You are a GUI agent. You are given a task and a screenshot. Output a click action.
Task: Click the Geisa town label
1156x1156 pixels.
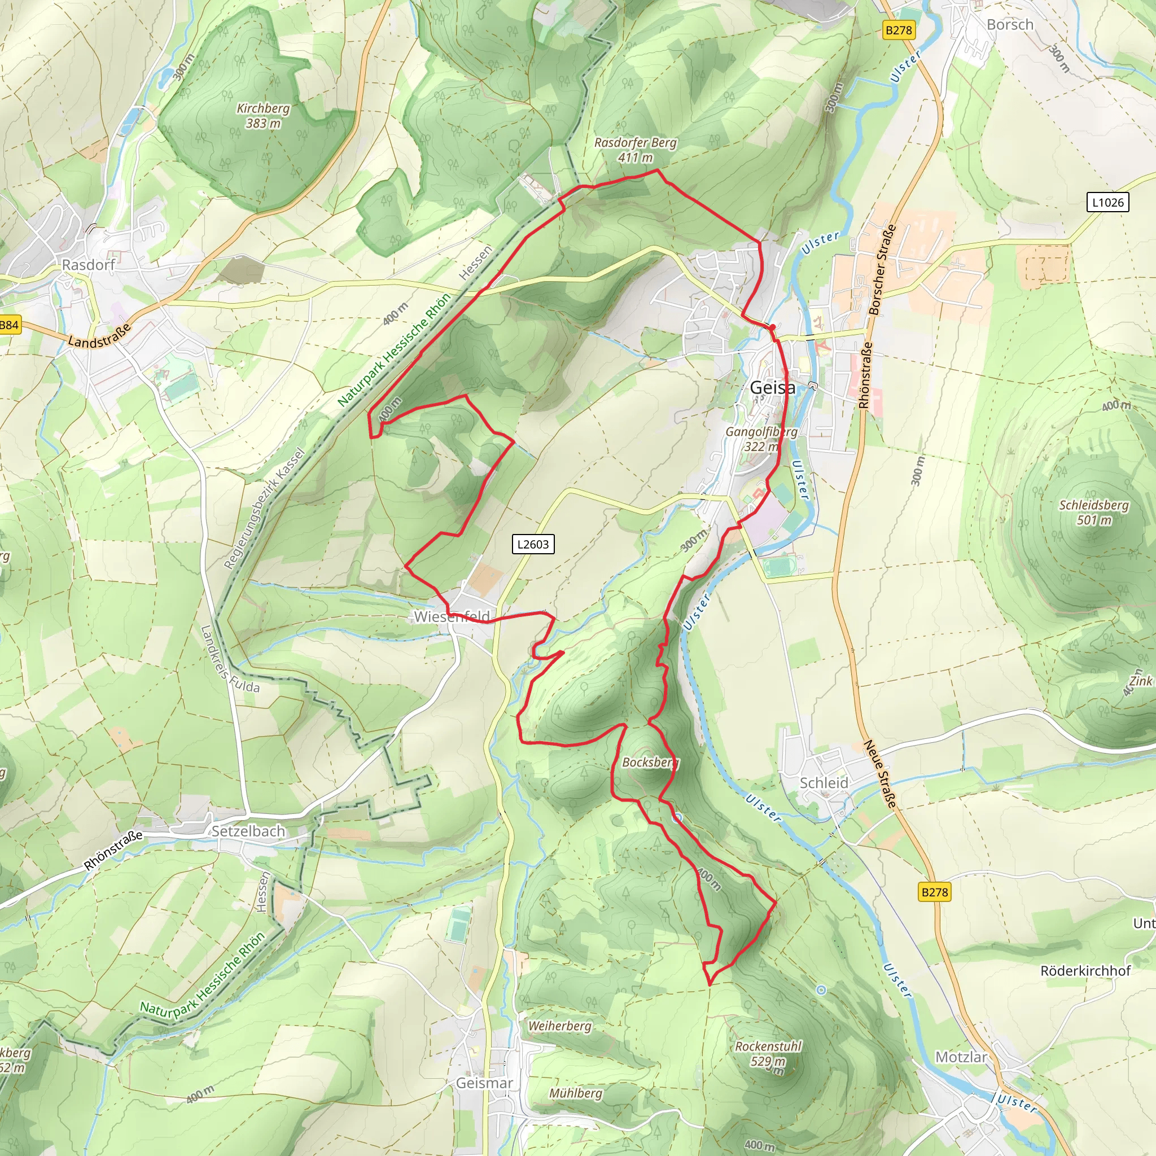tap(773, 388)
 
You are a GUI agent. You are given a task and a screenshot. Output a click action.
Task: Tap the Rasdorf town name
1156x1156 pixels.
tap(88, 265)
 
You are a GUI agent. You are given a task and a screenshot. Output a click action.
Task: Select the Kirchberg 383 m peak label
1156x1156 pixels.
tap(263, 116)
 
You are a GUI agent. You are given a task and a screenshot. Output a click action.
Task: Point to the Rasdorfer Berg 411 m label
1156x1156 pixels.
tap(635, 150)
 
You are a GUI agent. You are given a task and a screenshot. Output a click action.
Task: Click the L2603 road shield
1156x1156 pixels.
tap(532, 544)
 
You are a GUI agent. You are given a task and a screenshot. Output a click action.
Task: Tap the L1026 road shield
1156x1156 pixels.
tap(1107, 202)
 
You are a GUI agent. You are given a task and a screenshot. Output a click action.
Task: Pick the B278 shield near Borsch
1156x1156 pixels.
tap(899, 30)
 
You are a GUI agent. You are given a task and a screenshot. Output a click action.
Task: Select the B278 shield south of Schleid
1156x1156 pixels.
tap(935, 892)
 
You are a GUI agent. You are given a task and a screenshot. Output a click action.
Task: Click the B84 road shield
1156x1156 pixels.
tap(9, 325)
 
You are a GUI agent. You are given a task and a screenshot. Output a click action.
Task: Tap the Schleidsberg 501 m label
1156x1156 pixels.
tap(1094, 512)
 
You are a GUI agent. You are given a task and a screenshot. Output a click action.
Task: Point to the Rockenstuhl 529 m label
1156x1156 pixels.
tap(768, 1054)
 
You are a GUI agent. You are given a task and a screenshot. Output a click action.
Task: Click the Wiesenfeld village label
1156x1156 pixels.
tap(452, 616)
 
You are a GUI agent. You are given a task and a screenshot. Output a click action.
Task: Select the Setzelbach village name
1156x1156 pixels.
tap(248, 831)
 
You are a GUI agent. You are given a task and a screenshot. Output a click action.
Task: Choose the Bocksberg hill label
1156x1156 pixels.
tap(650, 762)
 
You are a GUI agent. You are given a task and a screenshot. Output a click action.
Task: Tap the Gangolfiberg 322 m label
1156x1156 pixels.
tap(761, 439)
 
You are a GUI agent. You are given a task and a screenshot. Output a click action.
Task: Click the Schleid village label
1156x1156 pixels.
tap(824, 783)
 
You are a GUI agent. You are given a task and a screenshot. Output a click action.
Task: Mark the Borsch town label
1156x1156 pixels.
tap(1010, 24)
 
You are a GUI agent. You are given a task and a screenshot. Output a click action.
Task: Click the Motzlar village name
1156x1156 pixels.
tap(961, 1057)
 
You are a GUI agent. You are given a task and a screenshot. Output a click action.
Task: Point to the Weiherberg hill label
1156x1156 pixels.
tap(559, 1026)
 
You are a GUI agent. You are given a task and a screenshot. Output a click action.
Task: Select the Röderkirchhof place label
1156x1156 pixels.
tap(1085, 970)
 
